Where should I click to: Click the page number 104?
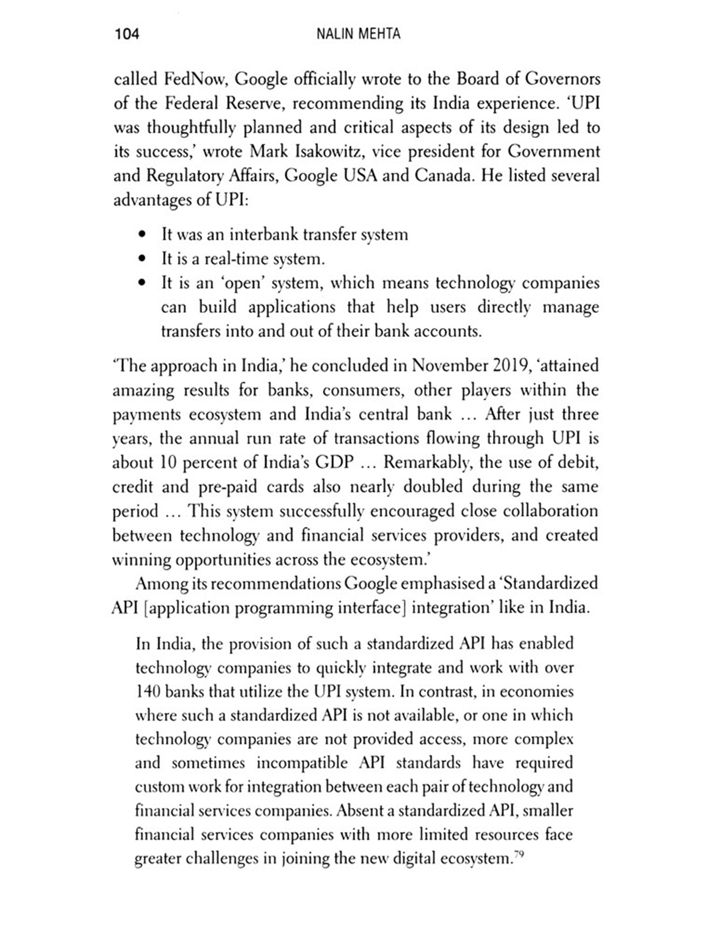tap(126, 34)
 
